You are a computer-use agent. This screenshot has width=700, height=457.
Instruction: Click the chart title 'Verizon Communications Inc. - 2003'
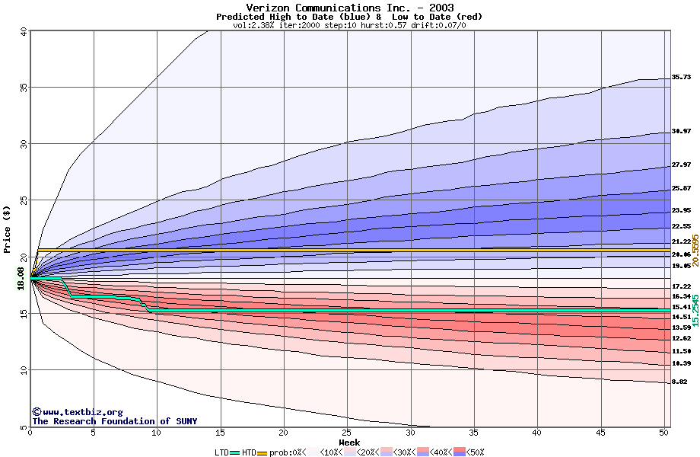coord(349,8)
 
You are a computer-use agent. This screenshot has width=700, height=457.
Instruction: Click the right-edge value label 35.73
coord(681,77)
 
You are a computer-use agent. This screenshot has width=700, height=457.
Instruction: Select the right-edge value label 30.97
coord(681,132)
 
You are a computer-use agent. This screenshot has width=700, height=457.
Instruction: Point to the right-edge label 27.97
coord(681,165)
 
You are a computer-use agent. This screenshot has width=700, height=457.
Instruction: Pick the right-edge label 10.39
coord(681,363)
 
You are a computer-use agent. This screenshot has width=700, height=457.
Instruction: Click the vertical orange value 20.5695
coord(694,250)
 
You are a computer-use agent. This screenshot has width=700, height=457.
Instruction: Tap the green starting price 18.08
coord(21,279)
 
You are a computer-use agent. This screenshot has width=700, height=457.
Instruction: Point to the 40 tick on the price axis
coord(23,31)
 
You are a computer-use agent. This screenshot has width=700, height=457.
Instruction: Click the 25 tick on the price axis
coord(23,200)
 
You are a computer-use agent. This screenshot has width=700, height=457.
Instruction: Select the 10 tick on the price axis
coord(23,370)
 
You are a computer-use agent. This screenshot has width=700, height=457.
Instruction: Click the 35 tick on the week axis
coord(474,433)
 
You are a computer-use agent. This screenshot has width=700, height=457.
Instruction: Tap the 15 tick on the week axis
coord(220,433)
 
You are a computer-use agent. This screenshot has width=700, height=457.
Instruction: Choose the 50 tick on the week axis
coord(663,433)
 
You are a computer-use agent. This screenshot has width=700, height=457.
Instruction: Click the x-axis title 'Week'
coord(349,442)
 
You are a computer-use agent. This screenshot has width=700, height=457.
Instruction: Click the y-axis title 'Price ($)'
coord(7,229)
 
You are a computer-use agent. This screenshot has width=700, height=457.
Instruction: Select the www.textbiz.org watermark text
coord(77,412)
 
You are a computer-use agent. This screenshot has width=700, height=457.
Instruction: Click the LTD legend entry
coord(221,452)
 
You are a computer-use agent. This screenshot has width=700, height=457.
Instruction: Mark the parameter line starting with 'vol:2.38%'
coord(349,25)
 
